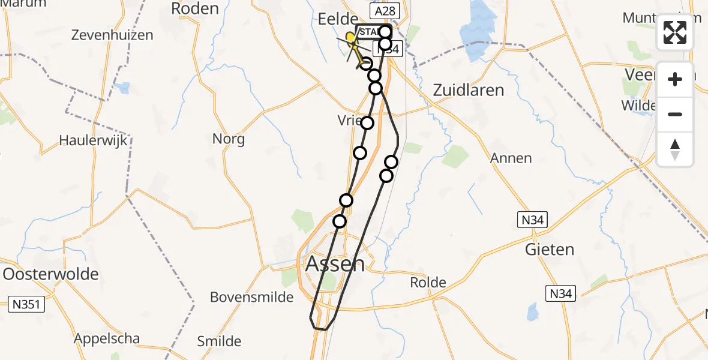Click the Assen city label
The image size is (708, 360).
[x=335, y=263]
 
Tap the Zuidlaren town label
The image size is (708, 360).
[x=468, y=90]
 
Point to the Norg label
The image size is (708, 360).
[x=229, y=139]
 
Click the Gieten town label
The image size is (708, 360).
[x=550, y=249]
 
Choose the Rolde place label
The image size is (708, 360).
[x=428, y=282]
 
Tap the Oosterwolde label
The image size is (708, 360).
[x=51, y=274]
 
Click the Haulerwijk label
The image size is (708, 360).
[x=94, y=140]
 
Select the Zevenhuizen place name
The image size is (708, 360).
[x=112, y=35]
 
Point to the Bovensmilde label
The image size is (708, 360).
[x=251, y=297]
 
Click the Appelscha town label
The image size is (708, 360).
[x=107, y=338]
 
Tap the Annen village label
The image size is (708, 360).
[x=511, y=158]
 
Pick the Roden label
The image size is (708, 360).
[x=195, y=8]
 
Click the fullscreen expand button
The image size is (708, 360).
[x=675, y=32]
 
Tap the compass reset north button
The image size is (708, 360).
[x=675, y=149]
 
